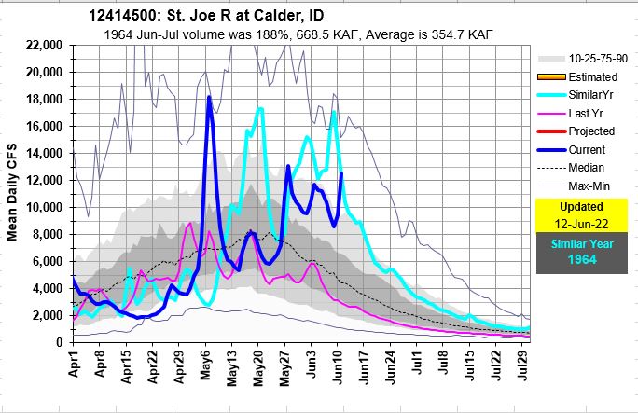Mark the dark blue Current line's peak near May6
point(210,97)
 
